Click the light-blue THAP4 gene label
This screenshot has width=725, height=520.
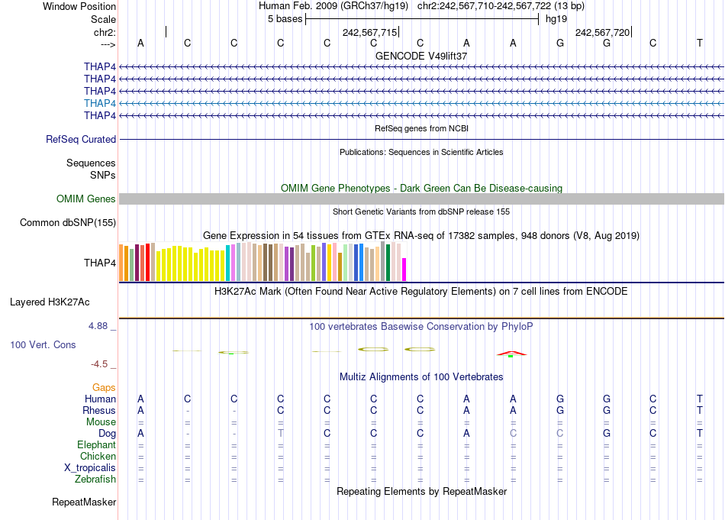(100, 103)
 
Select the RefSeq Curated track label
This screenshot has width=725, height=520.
(81, 140)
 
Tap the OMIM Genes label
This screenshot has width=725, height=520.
(86, 199)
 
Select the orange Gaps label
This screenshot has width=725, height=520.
(104, 388)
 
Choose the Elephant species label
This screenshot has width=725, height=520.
(96, 445)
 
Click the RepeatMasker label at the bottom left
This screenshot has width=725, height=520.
(84, 502)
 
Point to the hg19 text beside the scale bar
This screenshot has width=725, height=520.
(556, 19)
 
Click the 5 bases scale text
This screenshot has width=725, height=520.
(285, 19)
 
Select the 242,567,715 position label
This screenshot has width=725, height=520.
(369, 33)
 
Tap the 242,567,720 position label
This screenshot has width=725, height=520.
(602, 33)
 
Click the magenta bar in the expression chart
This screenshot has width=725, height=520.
(404, 270)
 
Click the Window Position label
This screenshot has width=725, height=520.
(79, 6)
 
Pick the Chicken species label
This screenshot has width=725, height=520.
(98, 457)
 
